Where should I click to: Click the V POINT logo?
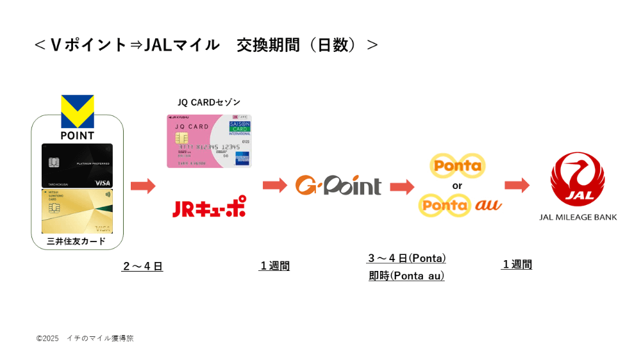coord(77,117)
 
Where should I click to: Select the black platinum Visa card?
coord(77,165)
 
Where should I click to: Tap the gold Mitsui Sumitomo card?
coord(77,211)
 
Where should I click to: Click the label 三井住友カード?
coord(76,241)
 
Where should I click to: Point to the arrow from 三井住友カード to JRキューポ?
coord(143,186)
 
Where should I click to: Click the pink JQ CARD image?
coord(209,141)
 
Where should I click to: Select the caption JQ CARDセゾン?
coord(209,102)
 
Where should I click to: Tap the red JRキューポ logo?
coord(209,208)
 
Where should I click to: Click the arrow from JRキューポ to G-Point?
coord(275,185)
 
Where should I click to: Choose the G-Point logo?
coord(338,185)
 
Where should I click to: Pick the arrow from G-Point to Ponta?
coord(402,186)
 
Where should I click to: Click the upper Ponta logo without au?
coord(457,166)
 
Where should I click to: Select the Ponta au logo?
coord(460,205)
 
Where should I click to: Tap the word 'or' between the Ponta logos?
coord(457,186)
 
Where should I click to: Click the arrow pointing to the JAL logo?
coord(517,185)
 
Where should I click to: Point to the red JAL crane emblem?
coord(578,179)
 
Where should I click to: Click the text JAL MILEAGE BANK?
coord(578,217)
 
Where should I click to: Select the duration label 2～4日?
coord(142,266)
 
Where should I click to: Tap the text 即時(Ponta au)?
coord(406,276)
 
